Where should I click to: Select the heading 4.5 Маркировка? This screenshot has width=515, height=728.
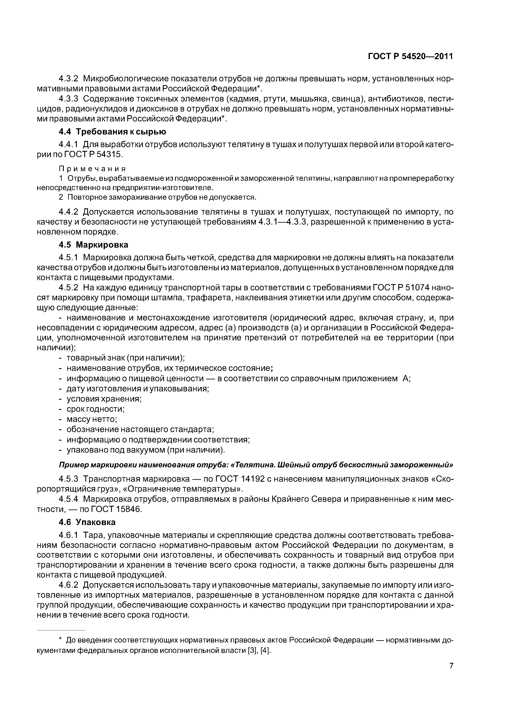click(94, 245)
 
